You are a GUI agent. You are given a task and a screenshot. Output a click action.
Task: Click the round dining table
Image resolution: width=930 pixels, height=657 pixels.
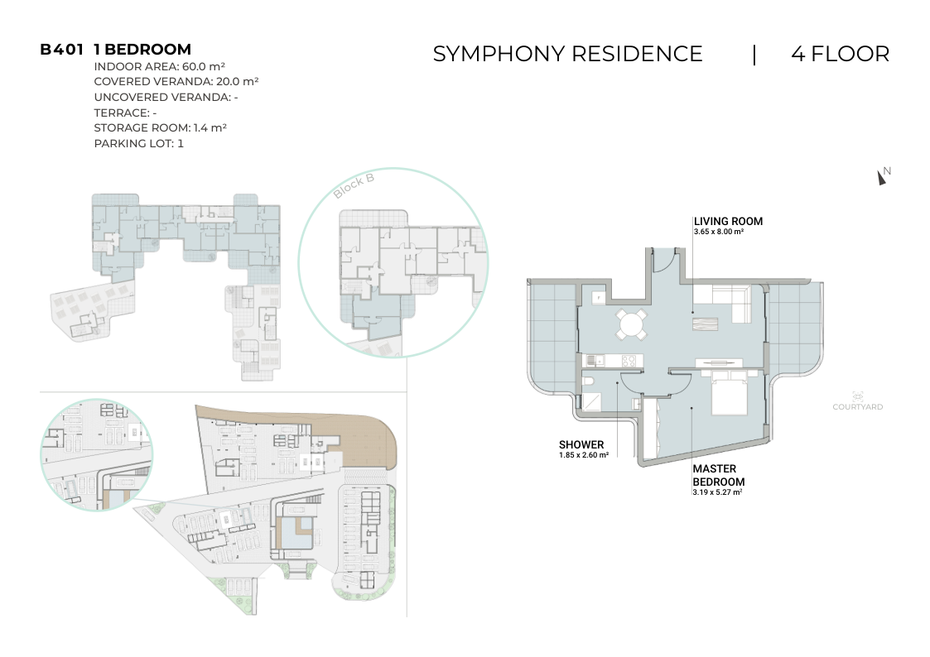tap(631, 324)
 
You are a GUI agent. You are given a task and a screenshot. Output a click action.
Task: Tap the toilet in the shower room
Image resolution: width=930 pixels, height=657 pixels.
tap(587, 380)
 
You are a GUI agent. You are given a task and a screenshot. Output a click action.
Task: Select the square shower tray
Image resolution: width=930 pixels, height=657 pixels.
tap(591, 401)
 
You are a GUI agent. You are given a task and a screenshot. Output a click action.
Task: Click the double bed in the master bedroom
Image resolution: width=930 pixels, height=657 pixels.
tap(728, 392)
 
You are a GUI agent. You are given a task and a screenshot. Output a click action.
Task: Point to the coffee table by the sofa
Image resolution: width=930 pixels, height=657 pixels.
tap(705, 324)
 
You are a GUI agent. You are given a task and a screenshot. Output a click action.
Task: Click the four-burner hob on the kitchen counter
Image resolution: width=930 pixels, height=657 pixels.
tap(629, 360)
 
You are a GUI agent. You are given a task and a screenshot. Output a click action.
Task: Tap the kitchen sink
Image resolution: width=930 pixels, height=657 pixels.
tap(594, 360)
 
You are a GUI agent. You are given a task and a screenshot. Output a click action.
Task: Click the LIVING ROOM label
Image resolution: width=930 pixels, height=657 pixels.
tap(728, 221)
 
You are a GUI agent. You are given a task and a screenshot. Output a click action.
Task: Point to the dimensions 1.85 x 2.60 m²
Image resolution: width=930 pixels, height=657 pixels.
tap(584, 455)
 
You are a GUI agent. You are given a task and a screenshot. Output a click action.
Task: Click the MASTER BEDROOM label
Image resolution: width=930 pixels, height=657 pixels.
tap(718, 475)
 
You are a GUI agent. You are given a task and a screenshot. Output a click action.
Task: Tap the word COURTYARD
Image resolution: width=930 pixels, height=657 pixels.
tap(858, 406)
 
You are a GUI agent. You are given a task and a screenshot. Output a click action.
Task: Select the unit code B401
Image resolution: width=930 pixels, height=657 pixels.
tap(61, 49)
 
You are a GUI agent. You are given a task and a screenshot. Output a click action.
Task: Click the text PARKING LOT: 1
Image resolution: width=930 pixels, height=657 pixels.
tap(139, 143)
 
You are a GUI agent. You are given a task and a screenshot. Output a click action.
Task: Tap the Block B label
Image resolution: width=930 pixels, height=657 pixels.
tap(354, 185)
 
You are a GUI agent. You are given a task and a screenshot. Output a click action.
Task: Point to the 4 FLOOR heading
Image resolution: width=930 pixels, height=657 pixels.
tap(840, 54)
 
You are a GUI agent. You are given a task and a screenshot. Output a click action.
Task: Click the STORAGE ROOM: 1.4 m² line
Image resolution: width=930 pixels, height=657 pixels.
tap(160, 127)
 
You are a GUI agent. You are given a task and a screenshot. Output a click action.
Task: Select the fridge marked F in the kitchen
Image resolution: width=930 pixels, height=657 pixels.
tap(599, 296)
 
